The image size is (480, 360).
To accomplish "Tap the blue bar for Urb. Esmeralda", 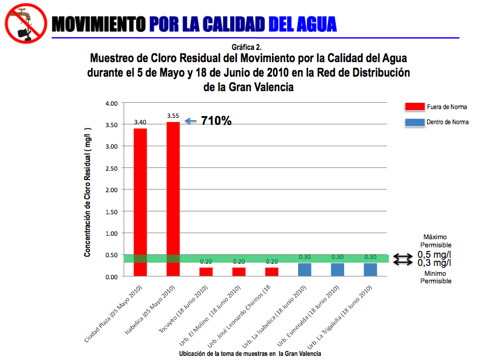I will tap(338, 269).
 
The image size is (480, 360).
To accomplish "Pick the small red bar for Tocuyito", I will tap(206, 272).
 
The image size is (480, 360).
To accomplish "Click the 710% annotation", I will tap(216, 121).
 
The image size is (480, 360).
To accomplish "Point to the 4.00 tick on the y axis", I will tap(110, 103).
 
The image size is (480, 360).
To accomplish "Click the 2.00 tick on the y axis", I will tap(110, 190).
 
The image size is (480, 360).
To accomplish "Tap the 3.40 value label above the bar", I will tap(140, 123).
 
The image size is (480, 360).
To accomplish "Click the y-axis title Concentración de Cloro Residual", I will tap(87, 192).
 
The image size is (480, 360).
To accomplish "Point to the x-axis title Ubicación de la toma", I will tap(250, 353).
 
